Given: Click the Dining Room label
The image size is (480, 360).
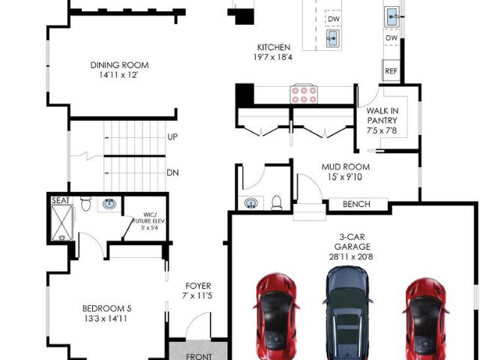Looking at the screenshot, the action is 119,65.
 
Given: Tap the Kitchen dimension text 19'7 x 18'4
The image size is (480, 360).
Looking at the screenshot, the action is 273,57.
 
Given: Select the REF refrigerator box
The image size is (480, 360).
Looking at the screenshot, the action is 391,70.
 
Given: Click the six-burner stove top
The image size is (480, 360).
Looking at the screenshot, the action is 304,94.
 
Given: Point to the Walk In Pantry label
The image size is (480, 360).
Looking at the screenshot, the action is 382,115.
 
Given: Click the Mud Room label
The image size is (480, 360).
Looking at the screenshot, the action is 346,167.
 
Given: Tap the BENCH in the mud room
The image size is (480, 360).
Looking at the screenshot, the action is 357,204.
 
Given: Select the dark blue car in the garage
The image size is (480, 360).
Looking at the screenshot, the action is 347,312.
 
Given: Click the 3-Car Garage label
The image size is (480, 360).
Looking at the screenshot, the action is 352,241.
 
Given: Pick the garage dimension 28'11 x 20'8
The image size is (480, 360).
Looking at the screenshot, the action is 351,256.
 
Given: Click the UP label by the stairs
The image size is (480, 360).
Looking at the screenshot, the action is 172,136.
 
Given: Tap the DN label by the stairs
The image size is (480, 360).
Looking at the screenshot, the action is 172,172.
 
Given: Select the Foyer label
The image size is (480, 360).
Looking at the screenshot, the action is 198,286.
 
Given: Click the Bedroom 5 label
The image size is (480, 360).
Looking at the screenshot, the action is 106,308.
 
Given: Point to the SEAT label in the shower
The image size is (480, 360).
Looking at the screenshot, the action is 61,200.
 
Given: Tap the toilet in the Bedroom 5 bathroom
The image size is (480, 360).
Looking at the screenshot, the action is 86,203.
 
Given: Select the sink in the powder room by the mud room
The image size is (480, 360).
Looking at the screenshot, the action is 251,203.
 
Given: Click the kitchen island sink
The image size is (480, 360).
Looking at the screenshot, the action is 333,38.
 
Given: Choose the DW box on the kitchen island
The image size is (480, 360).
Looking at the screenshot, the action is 334,19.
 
